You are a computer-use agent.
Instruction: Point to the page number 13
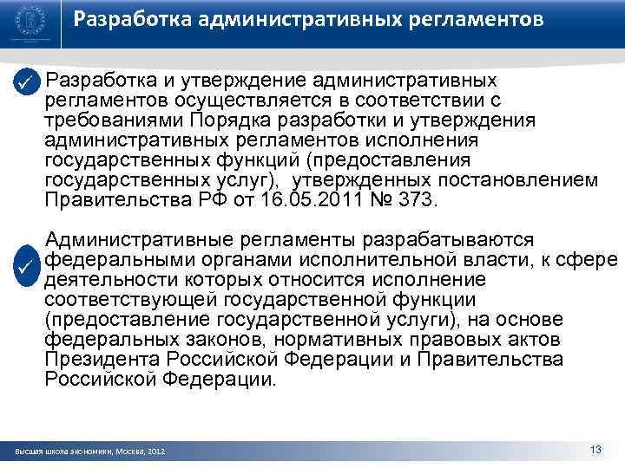tap(595, 449)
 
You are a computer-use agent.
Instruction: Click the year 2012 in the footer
tap(157, 452)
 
